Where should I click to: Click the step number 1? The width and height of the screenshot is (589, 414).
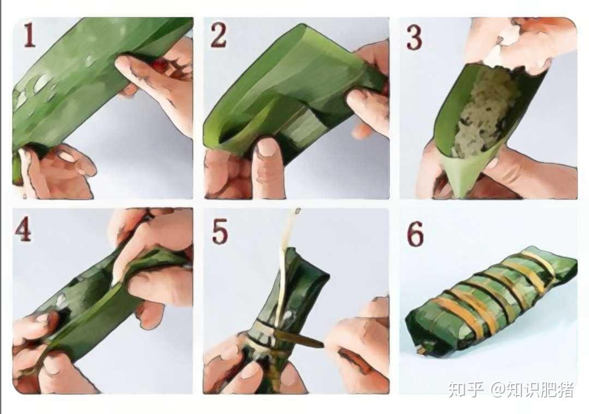(x=29, y=35)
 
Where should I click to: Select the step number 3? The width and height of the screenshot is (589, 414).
(x=414, y=38)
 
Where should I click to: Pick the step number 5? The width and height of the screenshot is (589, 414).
(x=220, y=232)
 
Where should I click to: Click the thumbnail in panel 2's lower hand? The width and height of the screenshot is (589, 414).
(x=267, y=147)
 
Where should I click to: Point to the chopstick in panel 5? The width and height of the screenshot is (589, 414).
(x=299, y=338)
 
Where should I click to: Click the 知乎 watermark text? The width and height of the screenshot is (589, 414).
(x=466, y=389)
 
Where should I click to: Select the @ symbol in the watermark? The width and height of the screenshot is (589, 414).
(x=497, y=389)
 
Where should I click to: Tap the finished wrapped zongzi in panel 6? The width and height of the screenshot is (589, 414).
(x=491, y=299)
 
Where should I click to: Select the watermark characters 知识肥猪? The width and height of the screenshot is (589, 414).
(x=540, y=389)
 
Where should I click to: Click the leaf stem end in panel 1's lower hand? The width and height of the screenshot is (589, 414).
(x=17, y=167)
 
